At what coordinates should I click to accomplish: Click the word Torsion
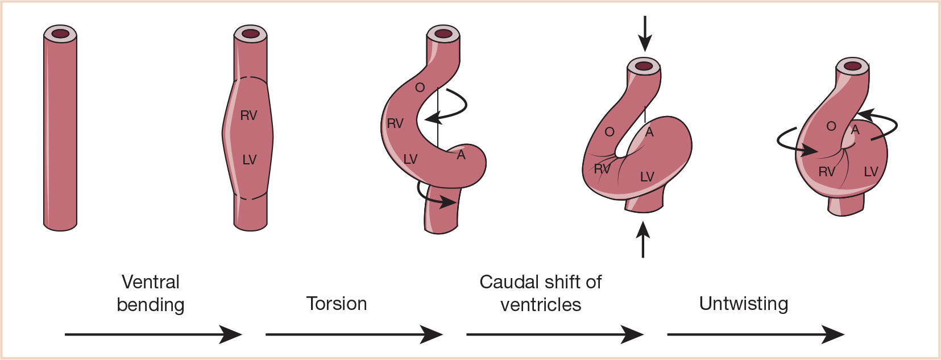(x=337, y=304)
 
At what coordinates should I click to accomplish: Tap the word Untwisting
(x=743, y=304)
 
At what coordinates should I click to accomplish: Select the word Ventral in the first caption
(x=151, y=282)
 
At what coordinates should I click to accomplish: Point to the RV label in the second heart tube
(x=248, y=116)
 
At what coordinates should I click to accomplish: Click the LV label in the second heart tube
(x=249, y=160)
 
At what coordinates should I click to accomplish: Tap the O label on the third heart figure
(x=420, y=88)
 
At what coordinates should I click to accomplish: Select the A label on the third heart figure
(x=461, y=155)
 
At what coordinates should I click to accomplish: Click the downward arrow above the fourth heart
(x=644, y=34)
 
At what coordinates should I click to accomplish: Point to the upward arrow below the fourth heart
(x=643, y=239)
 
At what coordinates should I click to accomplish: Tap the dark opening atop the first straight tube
(x=60, y=34)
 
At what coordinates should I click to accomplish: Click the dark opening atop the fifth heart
(x=852, y=66)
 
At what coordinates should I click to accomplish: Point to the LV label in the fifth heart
(x=870, y=172)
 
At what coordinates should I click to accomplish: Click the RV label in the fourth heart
(x=602, y=169)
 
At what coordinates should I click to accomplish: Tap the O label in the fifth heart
(x=831, y=126)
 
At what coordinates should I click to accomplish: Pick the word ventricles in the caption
(x=541, y=305)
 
